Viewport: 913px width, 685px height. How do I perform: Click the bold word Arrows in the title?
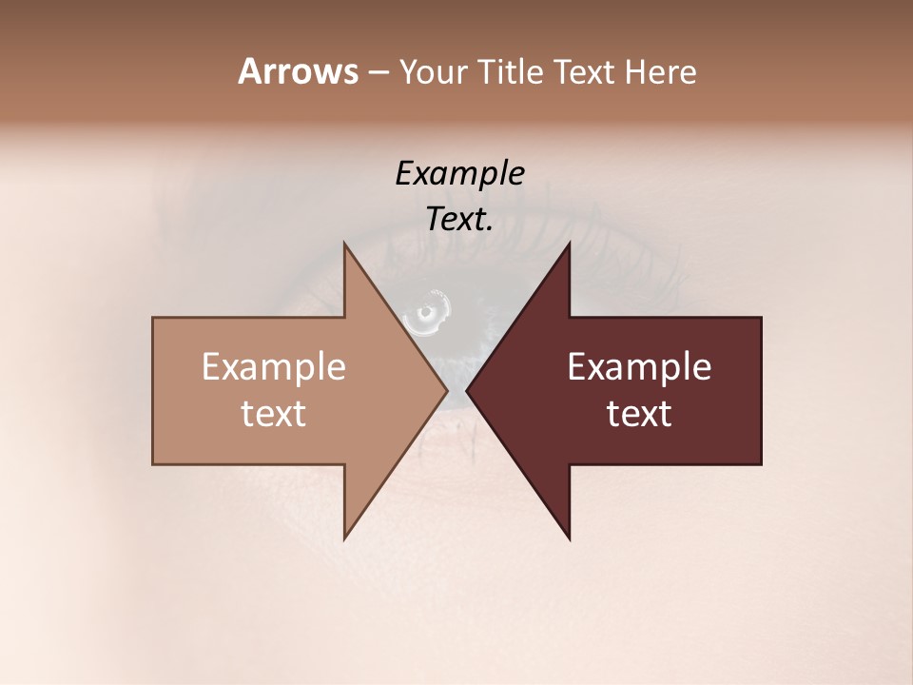(x=298, y=71)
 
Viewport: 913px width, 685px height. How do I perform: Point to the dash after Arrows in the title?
(x=378, y=72)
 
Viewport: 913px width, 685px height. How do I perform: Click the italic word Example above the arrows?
(x=459, y=174)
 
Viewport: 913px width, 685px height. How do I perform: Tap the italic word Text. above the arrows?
(x=459, y=219)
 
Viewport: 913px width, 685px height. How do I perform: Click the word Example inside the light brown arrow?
(x=274, y=367)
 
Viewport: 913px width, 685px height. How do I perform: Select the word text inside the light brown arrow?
(x=274, y=414)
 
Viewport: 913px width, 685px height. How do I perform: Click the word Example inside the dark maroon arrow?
(x=639, y=367)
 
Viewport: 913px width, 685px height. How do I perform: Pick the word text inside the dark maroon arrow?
(x=639, y=414)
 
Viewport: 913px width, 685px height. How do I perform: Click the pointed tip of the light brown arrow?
(x=447, y=390)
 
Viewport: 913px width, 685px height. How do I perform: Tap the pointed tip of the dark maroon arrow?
(x=467, y=390)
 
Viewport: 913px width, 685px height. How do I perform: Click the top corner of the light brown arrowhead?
(x=345, y=244)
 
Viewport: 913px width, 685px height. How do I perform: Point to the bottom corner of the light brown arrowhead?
(x=345, y=538)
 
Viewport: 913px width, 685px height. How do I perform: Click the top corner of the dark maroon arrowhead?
(x=569, y=244)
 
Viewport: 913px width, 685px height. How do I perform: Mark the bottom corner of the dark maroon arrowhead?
(x=569, y=538)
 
